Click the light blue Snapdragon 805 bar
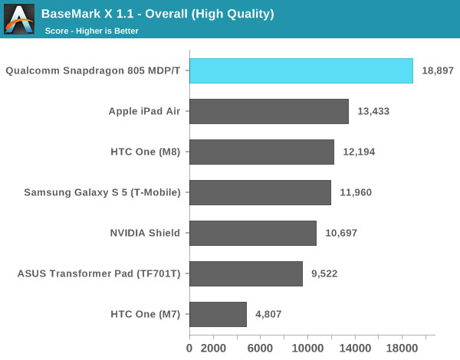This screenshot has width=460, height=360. coord(301,71)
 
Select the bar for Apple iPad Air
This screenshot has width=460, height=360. coord(268,111)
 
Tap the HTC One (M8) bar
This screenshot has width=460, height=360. coord(261,152)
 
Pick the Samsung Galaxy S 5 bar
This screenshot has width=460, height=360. coord(260,192)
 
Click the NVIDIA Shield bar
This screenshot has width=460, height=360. coord(252,233)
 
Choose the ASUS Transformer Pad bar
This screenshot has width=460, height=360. coord(245,273)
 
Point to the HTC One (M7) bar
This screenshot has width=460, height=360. coord(218,314)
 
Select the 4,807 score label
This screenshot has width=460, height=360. coord(268,314)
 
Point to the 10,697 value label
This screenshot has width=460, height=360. coord(340,233)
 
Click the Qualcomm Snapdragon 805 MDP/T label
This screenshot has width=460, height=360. coord(93,71)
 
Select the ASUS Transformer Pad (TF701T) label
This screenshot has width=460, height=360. coord(98,273)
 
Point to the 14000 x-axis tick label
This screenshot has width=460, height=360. coord(353,347)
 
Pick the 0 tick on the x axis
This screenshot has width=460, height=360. coord(189,347)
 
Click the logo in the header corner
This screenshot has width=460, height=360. coord(18,18)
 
